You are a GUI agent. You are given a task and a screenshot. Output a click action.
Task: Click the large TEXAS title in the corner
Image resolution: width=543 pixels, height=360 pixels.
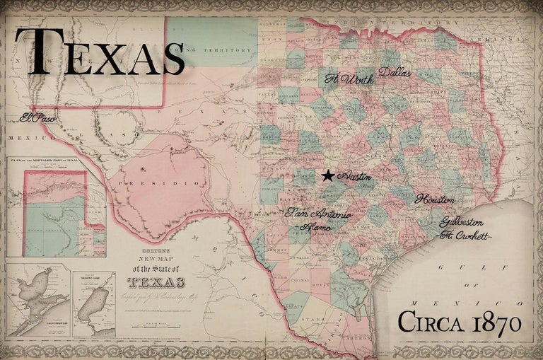(x=99, y=53)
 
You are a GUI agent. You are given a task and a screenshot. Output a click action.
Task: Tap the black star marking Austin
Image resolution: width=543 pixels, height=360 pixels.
(x=328, y=176)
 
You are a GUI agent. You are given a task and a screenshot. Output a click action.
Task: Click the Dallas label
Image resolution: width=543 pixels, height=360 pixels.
(x=395, y=72)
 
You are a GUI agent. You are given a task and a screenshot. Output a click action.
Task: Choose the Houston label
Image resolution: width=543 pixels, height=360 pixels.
(x=436, y=199)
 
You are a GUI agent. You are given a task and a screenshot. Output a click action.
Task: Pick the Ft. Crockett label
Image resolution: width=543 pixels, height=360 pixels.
(x=464, y=236)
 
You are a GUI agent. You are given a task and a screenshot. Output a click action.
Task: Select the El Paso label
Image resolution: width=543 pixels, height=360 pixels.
(x=38, y=118)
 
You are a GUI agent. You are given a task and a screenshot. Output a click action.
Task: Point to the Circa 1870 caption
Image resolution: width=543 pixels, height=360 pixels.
(x=460, y=323)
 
